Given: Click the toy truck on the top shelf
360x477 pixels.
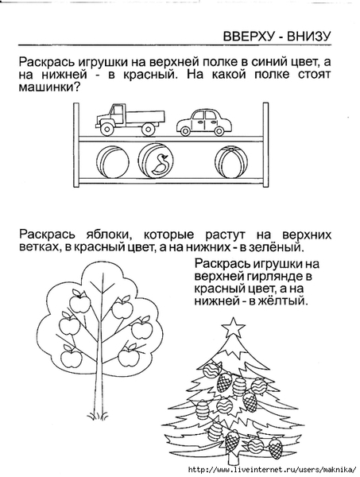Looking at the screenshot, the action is [130, 119].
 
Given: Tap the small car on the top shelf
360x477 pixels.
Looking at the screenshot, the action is [204, 123].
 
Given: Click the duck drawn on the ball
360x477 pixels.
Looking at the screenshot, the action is [161, 165].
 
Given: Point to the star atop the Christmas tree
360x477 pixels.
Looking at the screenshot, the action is [233, 328].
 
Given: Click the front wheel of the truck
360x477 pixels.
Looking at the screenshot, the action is [106, 130].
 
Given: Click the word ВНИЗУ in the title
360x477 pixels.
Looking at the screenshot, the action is [308, 37].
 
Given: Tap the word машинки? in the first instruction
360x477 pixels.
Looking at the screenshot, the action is [49, 87].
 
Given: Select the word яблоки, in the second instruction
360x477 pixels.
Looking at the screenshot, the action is [107, 235].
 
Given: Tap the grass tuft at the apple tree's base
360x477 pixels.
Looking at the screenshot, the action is [98, 415].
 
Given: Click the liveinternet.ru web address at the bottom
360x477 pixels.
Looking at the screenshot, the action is [272, 469].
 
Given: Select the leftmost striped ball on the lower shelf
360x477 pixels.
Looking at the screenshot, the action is [113, 161].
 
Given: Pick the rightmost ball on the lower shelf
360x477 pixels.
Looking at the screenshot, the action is [230, 161].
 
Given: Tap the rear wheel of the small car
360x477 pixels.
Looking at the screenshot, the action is [219, 131].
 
